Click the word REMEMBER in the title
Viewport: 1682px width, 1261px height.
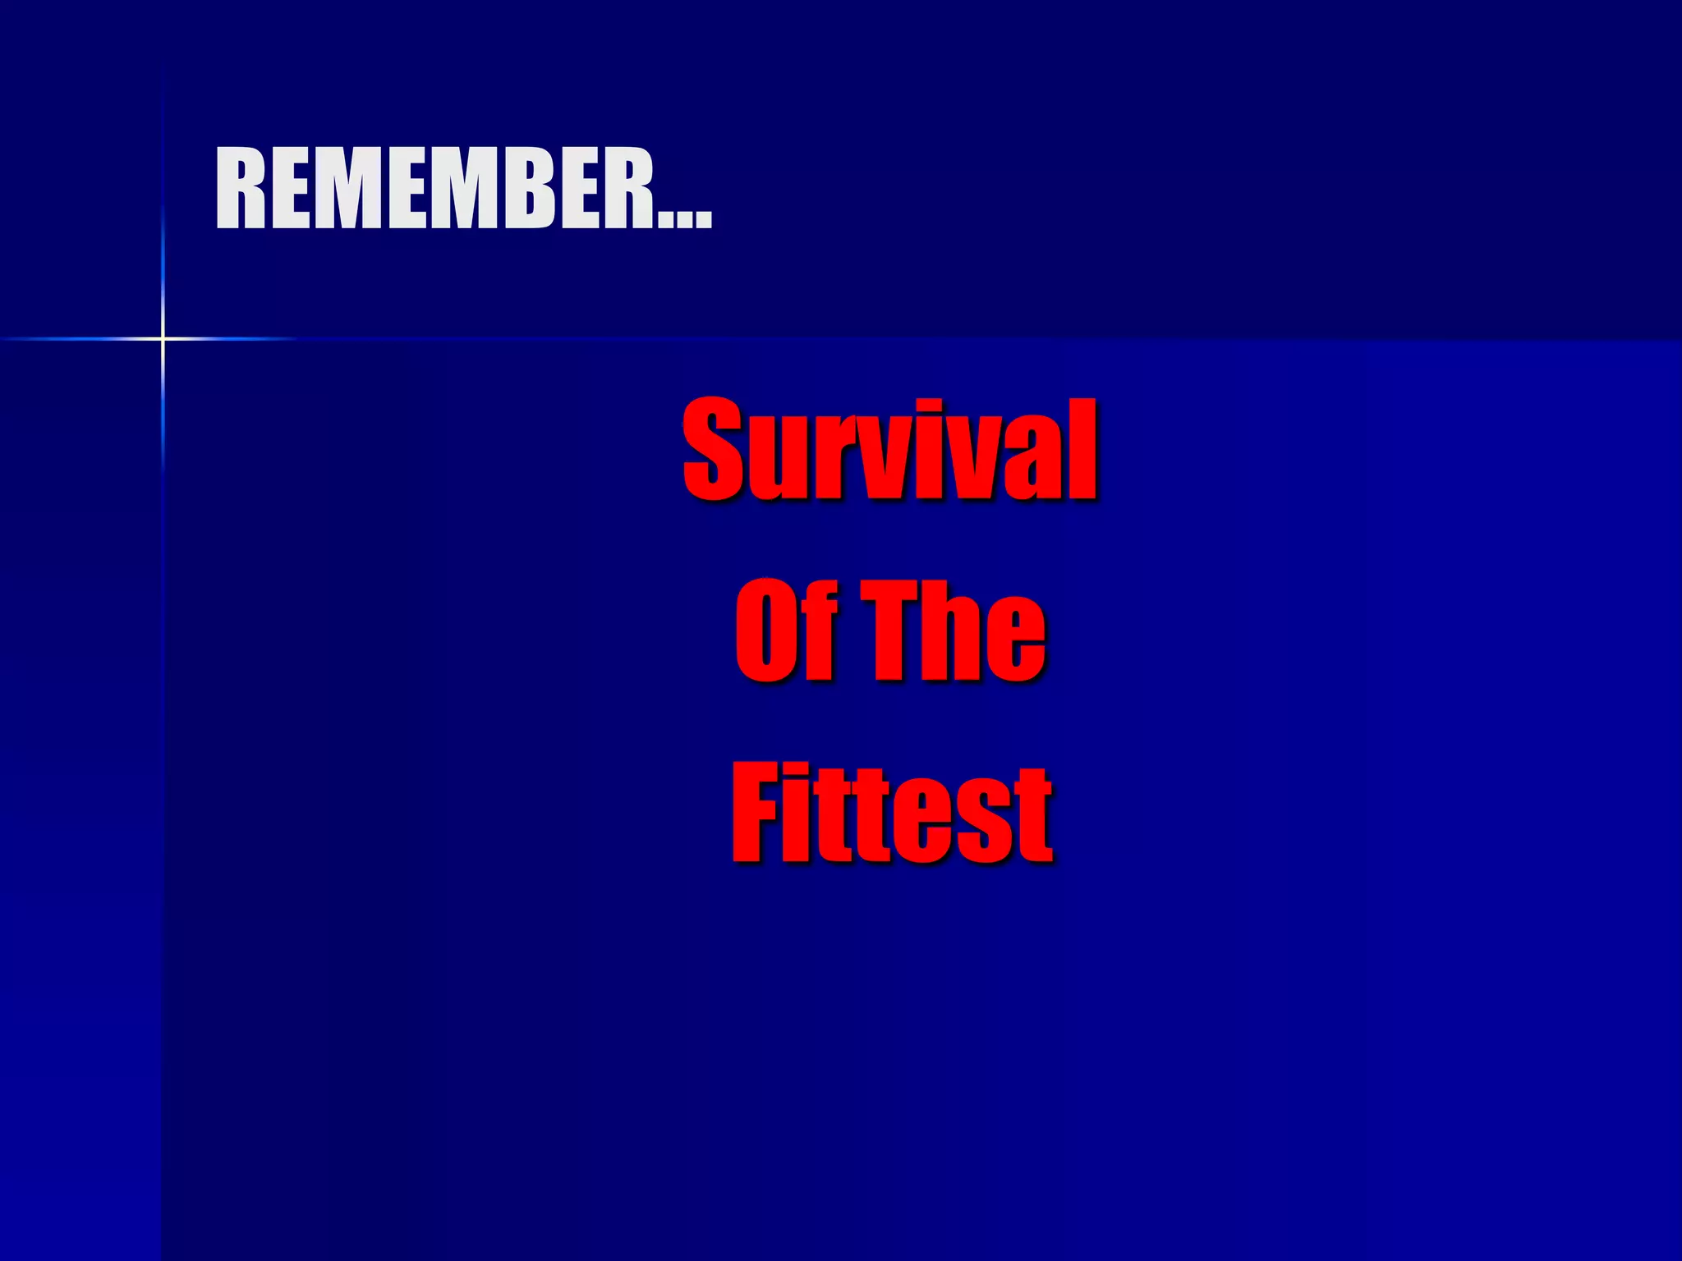coord(435,189)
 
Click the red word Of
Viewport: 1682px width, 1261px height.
coord(787,630)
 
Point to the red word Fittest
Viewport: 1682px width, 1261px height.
coord(891,813)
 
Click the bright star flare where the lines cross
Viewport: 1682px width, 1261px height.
coord(163,338)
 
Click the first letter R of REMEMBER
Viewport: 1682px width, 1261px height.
coord(240,189)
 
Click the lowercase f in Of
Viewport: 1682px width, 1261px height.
coord(821,630)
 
